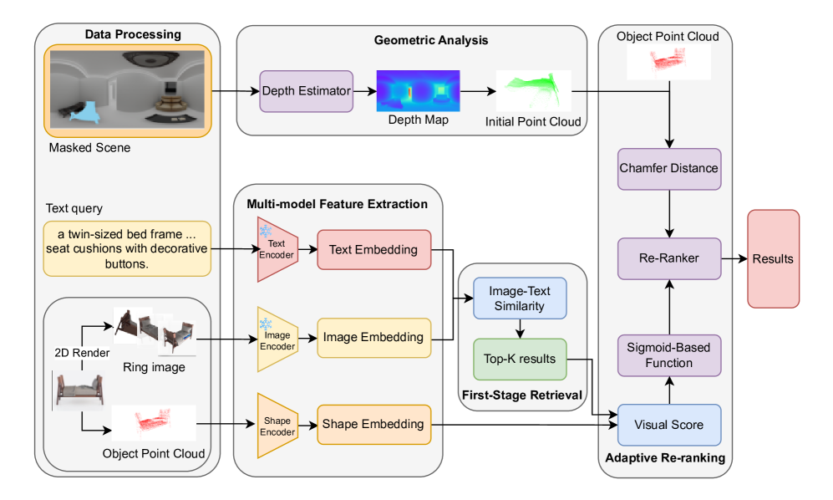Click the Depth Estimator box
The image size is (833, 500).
pyautogui.click(x=306, y=90)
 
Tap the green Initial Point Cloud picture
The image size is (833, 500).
pyautogui.click(x=533, y=91)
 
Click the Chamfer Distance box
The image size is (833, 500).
pyautogui.click(x=668, y=168)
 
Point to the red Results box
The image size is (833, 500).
pyautogui.click(x=773, y=258)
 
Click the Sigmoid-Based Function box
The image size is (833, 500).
pyautogui.click(x=668, y=355)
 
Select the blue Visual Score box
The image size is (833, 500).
pyautogui.click(x=668, y=425)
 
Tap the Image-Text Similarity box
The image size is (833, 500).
pyautogui.click(x=521, y=298)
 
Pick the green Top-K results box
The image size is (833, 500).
pyautogui.click(x=521, y=360)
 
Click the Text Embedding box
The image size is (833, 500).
pyautogui.click(x=373, y=249)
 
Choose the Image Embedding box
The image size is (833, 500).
pyautogui.click(x=373, y=338)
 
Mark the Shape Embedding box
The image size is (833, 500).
pyautogui.click(x=373, y=424)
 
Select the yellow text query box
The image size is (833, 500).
pyautogui.click(x=126, y=249)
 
